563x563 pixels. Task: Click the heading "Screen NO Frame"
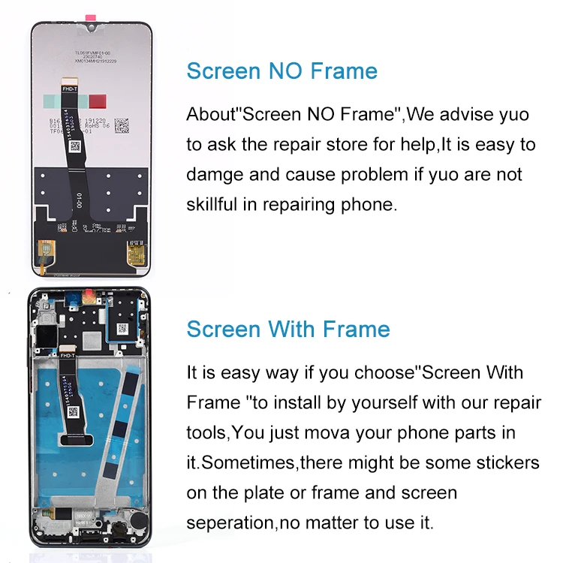281,71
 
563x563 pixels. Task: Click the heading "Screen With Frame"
288,329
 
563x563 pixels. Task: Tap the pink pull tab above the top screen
92,17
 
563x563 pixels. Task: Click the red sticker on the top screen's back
98,101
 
